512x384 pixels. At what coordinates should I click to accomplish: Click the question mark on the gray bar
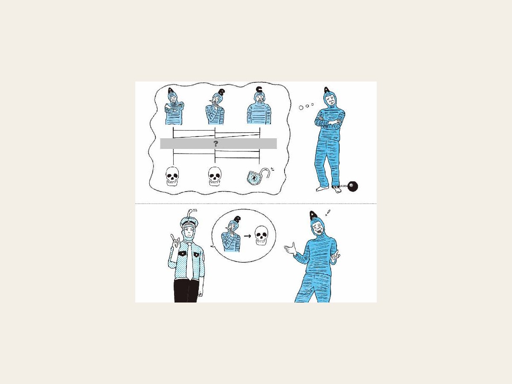pyautogui.click(x=216, y=144)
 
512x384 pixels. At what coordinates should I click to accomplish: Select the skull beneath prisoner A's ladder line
pyautogui.click(x=173, y=176)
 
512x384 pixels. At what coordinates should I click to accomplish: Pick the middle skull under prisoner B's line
pyautogui.click(x=215, y=176)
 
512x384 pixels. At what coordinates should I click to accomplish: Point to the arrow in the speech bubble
pyautogui.click(x=247, y=236)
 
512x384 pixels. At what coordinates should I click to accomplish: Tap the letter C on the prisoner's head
pyautogui.click(x=259, y=89)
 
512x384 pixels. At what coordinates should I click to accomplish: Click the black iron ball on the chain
pyautogui.click(x=352, y=186)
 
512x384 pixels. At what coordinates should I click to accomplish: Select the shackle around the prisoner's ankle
pyautogui.click(x=335, y=186)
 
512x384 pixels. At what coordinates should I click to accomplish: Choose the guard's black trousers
pyautogui.click(x=186, y=291)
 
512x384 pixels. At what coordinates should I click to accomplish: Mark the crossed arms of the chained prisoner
pyautogui.click(x=329, y=121)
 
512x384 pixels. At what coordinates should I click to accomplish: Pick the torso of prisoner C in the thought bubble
pyautogui.click(x=259, y=113)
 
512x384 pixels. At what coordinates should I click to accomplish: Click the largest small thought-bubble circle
pyautogui.click(x=301, y=108)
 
